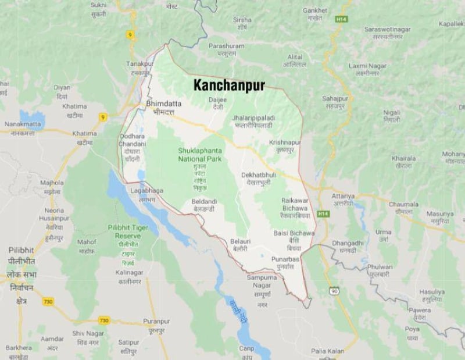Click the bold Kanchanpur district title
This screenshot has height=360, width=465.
(x=229, y=85)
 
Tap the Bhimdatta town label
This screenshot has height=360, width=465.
(x=163, y=104)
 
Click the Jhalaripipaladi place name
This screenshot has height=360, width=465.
(x=254, y=118)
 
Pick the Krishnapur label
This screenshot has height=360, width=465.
(x=285, y=142)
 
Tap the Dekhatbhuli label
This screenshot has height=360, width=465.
(x=259, y=174)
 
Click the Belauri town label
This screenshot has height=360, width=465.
(x=239, y=240)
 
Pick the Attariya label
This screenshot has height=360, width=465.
(x=342, y=197)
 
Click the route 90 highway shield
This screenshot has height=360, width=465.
(x=334, y=290)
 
